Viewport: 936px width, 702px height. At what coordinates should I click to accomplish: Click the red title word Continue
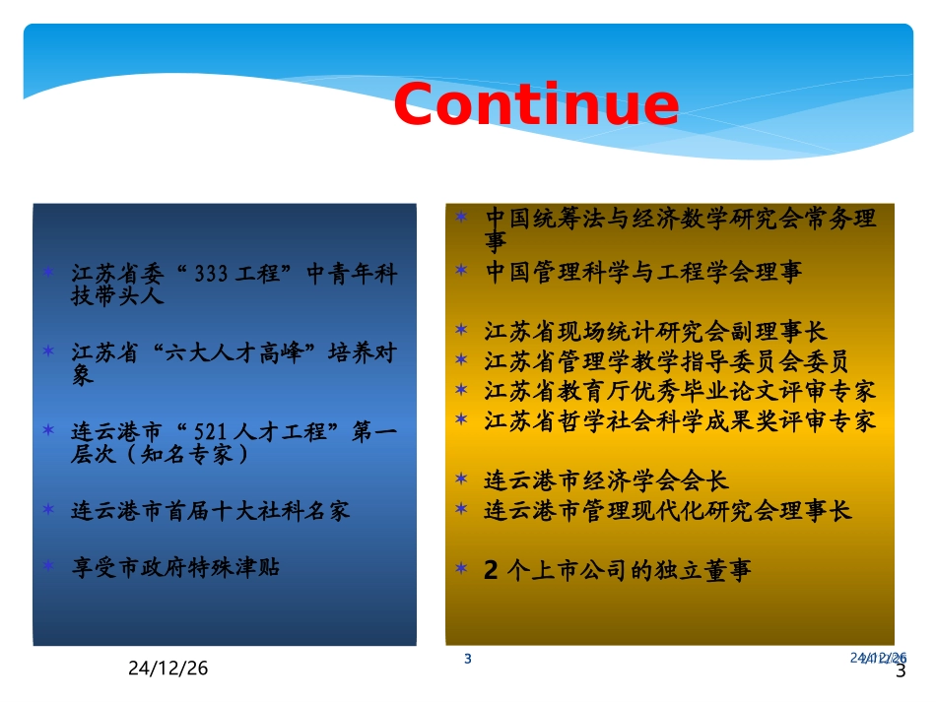pyautogui.click(x=536, y=104)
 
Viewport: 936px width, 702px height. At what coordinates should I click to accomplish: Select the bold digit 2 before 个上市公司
pyautogui.click(x=493, y=572)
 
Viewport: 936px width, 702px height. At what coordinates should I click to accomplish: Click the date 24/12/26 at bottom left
pyautogui.click(x=168, y=669)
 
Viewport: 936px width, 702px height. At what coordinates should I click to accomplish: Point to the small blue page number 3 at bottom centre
pyautogui.click(x=468, y=659)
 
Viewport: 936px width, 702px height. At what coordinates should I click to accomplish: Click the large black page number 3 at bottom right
pyautogui.click(x=900, y=671)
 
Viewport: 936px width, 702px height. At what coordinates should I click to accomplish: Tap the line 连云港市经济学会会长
pyautogui.click(x=607, y=481)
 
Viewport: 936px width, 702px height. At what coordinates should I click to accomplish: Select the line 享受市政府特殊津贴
pyautogui.click(x=175, y=567)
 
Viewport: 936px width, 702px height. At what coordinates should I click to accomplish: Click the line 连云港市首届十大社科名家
pyautogui.click(x=211, y=511)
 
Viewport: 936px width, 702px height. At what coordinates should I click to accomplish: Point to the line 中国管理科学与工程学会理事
pyautogui.click(x=644, y=273)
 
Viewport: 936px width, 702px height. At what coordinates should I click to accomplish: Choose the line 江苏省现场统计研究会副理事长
pyautogui.click(x=656, y=331)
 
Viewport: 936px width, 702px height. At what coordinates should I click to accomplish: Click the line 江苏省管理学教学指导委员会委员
pyautogui.click(x=667, y=361)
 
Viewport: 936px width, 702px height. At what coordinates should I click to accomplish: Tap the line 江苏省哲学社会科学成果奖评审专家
pyautogui.click(x=680, y=421)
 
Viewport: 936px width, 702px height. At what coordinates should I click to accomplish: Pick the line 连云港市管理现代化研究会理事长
pyautogui.click(x=668, y=511)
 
